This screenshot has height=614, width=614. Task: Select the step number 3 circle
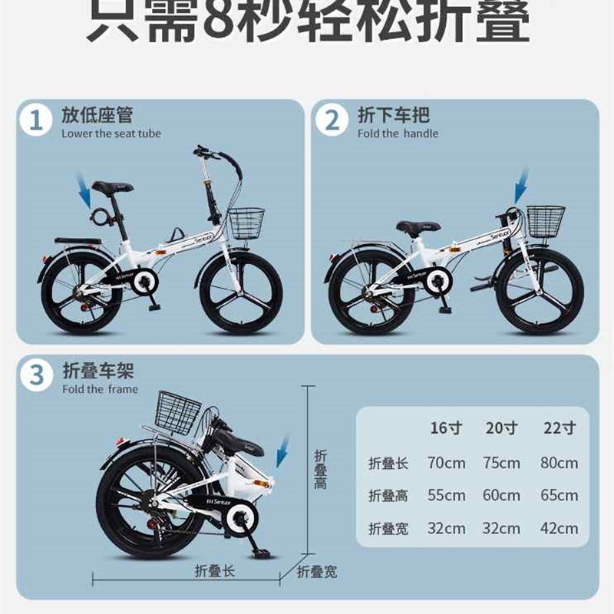pyautogui.click(x=36, y=376)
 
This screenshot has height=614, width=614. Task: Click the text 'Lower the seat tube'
pyautogui.click(x=111, y=134)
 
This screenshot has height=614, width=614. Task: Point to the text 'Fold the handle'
pyautogui.click(x=398, y=134)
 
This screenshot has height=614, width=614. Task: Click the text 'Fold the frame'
pyautogui.click(x=100, y=389)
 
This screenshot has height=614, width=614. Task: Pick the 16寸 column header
pyautogui.click(x=446, y=428)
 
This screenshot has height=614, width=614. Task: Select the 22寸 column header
pyautogui.click(x=559, y=428)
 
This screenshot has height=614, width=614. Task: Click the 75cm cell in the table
pyautogui.click(x=502, y=463)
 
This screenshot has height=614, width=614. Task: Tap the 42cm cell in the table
pyautogui.click(x=559, y=528)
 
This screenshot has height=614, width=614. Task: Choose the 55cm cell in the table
pyautogui.click(x=446, y=496)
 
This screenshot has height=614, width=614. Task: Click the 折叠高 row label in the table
pyautogui.click(x=388, y=496)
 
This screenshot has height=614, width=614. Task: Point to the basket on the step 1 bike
pyautogui.click(x=246, y=223)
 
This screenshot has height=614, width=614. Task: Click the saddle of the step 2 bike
pyautogui.click(x=418, y=226)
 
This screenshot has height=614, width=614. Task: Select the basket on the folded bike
pyautogui.click(x=177, y=411)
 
